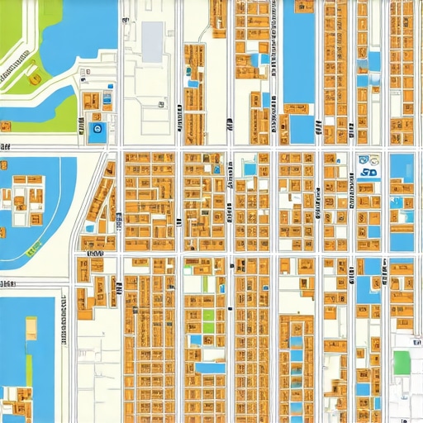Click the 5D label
click(x=368, y=173)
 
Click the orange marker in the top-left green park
click(x=35, y=79)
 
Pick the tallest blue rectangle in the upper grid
click(x=299, y=54)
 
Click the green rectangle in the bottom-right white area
click(x=402, y=362)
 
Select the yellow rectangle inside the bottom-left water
click(x=31, y=328)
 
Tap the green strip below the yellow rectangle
click(x=28, y=364)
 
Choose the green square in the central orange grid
click(x=208, y=320)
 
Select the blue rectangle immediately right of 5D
click(x=402, y=168)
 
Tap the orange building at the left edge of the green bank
click(x=6, y=126)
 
